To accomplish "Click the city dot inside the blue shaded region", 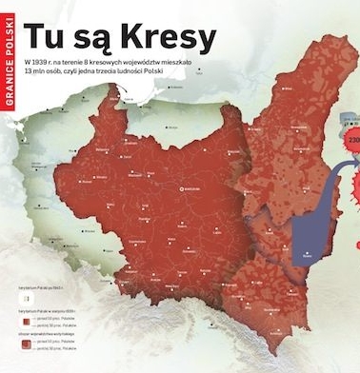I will coord(306,251).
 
